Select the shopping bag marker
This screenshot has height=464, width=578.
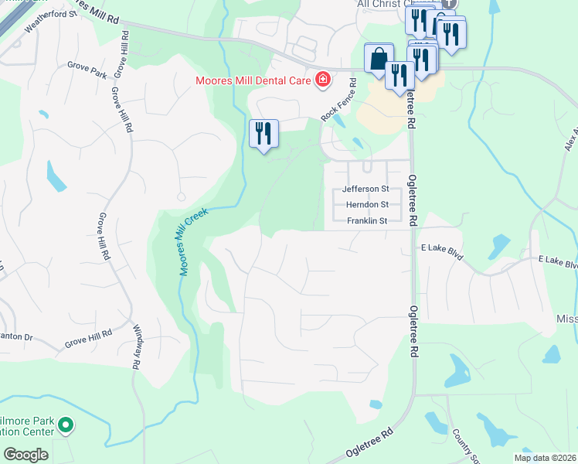coord(378,59)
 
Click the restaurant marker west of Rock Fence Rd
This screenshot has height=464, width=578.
coord(263,134)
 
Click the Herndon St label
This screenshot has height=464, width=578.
coord(367,205)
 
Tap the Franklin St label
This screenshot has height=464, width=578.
coord(366,221)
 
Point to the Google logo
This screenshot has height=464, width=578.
coord(25,455)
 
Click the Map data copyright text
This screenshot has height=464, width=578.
coord(546,458)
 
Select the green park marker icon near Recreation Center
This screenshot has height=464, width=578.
coord(66,425)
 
